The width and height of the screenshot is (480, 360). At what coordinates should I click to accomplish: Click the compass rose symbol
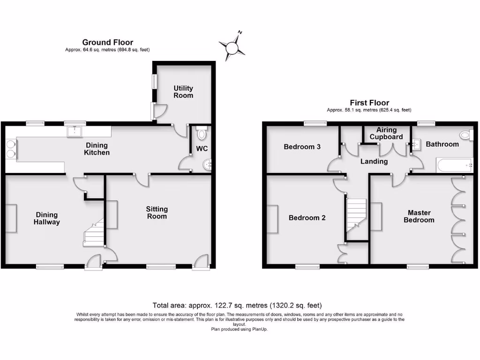tap(232, 47)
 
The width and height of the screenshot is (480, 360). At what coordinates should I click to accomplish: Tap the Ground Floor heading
tap(108, 42)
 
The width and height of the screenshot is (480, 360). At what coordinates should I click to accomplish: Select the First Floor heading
tap(369, 103)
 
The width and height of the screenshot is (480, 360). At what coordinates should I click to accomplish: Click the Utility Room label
tap(183, 92)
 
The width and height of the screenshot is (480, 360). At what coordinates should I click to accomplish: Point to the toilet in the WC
tap(202, 134)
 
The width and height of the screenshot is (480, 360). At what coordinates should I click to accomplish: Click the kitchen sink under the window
tap(75, 131)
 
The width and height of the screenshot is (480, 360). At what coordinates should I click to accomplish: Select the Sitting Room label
tap(157, 213)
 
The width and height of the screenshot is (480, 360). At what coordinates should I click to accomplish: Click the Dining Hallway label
tap(47, 218)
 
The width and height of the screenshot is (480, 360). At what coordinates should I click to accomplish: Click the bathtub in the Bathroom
tap(454, 165)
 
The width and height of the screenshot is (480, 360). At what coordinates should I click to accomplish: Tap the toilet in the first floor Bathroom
tap(465, 135)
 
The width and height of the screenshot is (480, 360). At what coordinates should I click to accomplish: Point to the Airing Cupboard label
tap(386, 134)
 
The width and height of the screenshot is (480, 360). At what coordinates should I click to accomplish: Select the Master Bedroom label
tap(419, 216)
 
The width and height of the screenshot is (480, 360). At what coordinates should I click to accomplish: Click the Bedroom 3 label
tap(302, 147)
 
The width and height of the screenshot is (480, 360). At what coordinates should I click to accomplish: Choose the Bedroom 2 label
tap(307, 217)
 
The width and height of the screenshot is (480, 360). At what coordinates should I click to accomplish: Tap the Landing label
tap(374, 161)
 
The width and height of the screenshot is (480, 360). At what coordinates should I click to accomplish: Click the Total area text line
tap(237, 305)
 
